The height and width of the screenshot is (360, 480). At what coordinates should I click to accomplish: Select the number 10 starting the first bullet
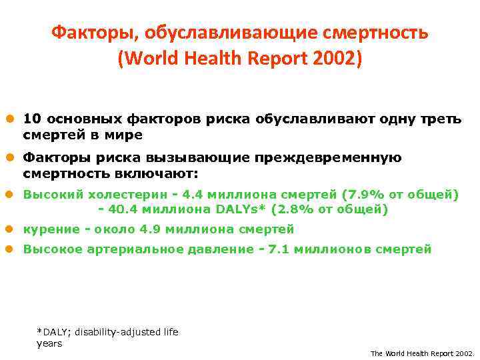pos(31,119)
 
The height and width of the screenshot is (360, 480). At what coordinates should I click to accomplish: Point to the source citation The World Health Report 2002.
pos(421,353)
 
